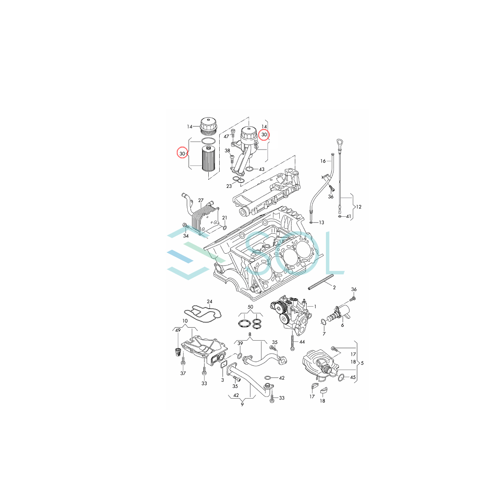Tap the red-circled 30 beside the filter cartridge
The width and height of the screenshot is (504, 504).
click(182, 154)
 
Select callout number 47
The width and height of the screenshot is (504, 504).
click(226, 136)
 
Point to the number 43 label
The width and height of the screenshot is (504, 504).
click(261, 169)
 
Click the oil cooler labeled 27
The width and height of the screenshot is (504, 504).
click(205, 216)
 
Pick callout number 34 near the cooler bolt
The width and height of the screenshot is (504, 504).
click(186, 236)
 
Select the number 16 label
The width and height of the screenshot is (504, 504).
click(323, 161)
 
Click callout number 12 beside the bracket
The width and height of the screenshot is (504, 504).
click(358, 207)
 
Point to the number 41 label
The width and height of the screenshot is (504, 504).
click(348, 216)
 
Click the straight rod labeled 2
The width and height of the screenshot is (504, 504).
click(321, 282)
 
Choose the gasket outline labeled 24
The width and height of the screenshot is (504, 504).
click(203, 313)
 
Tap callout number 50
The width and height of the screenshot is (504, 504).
click(250, 307)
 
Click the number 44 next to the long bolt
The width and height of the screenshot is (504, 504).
click(302, 342)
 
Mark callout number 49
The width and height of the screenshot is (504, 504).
click(178, 331)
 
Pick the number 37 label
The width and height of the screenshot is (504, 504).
click(183, 373)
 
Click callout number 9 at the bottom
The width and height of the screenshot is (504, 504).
click(242, 404)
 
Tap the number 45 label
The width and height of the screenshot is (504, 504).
click(353, 377)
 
